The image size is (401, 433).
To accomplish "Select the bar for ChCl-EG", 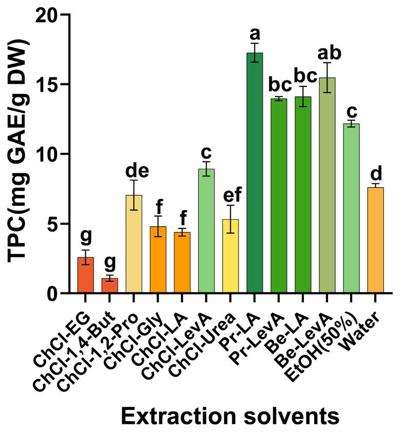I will (x=85, y=275).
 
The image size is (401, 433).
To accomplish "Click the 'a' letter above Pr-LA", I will (x=254, y=34).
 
